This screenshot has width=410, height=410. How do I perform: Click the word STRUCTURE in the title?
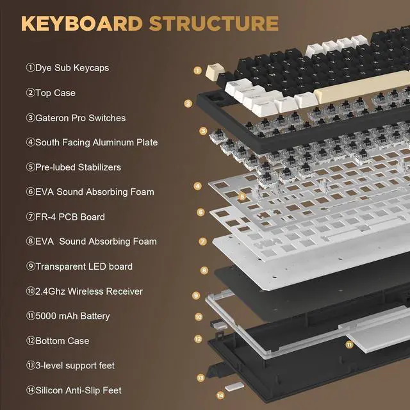(x=213, y=24)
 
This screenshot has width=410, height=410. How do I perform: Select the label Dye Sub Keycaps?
(x=63, y=68)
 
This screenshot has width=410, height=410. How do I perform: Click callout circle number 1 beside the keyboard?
(x=197, y=70)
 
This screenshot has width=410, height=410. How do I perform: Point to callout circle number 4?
(x=198, y=186)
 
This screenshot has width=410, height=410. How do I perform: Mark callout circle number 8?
(x=204, y=271)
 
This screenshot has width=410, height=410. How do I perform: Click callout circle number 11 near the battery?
(x=349, y=344)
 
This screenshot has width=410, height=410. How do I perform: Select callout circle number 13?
(x=201, y=378)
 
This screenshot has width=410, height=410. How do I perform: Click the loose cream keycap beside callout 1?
(x=210, y=72)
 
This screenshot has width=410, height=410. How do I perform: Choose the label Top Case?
(x=51, y=93)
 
